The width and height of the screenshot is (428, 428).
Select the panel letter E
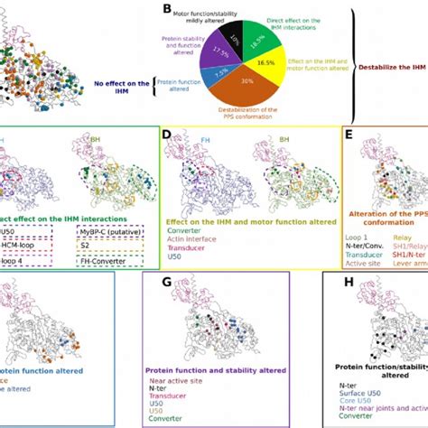coord(347,134)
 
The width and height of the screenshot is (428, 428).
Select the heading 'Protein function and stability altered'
coord(217,369)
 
